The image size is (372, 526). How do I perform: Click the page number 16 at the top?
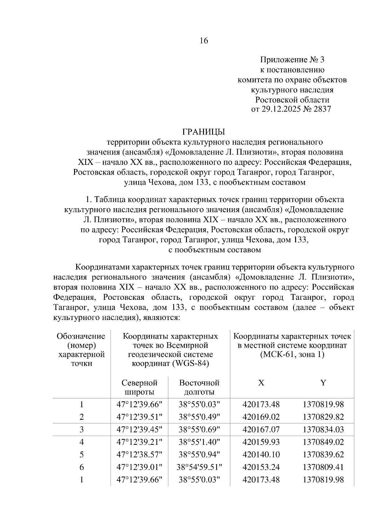pyautogui.click(x=204, y=41)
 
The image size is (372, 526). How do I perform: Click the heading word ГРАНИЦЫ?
pyautogui.click(x=203, y=132)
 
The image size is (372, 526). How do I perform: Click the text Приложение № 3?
pyautogui.click(x=292, y=59)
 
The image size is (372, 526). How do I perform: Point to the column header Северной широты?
pyautogui.click(x=139, y=387)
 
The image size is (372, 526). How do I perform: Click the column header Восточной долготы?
pyautogui.click(x=199, y=387)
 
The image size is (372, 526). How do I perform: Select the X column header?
pyautogui.click(x=261, y=383)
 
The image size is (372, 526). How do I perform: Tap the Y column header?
pyautogui.click(x=323, y=383)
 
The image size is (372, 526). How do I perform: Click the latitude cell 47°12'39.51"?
pyautogui.click(x=139, y=417)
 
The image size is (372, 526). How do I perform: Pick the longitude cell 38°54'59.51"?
pyautogui.click(x=199, y=467)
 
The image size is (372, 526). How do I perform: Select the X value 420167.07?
pyautogui.click(x=261, y=430)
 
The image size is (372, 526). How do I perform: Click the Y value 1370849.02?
pyautogui.click(x=323, y=442)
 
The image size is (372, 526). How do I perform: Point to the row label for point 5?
pyautogui.click(x=82, y=455)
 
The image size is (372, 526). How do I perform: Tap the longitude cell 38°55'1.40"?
pyautogui.click(x=199, y=442)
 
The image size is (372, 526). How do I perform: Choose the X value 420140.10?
pyautogui.click(x=261, y=455)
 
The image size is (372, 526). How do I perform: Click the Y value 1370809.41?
pyautogui.click(x=323, y=467)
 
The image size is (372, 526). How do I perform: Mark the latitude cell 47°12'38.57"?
pyautogui.click(x=139, y=455)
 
